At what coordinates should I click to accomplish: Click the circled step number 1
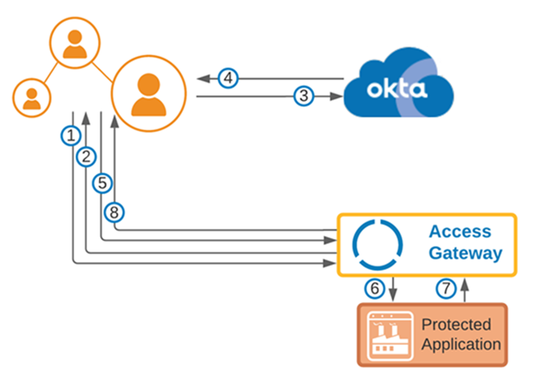pyautogui.click(x=70, y=135)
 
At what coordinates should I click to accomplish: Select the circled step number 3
pyautogui.click(x=302, y=96)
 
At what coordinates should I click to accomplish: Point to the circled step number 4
pyautogui.click(x=229, y=77)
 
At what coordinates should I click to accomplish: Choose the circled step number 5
pyautogui.click(x=102, y=182)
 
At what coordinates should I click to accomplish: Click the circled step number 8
pyautogui.click(x=114, y=212)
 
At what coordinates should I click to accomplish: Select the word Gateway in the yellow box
pyautogui.click(x=465, y=254)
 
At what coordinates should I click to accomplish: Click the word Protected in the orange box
pyautogui.click(x=457, y=325)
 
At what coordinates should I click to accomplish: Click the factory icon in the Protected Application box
pyautogui.click(x=388, y=335)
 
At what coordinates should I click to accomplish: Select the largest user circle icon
pyautogui.click(x=148, y=93)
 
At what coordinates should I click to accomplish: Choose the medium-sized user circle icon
pyautogui.click(x=74, y=43)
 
